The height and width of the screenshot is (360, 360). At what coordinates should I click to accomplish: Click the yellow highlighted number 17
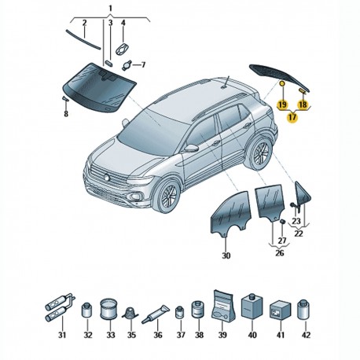click(292, 117)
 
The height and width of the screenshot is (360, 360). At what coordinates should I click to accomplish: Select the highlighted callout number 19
click(283, 105)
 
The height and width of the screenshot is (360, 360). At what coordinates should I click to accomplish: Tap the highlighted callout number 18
click(303, 105)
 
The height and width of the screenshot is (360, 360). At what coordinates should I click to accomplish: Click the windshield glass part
click(99, 86)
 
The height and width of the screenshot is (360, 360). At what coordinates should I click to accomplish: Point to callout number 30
click(226, 255)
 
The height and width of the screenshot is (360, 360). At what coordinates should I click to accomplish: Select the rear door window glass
click(270, 203)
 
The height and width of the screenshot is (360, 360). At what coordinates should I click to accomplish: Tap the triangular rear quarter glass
click(302, 195)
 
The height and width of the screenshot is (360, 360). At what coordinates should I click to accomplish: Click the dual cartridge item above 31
click(60, 307)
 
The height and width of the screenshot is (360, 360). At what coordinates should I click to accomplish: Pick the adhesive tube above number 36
click(156, 314)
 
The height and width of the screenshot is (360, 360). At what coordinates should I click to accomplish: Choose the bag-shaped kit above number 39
click(222, 306)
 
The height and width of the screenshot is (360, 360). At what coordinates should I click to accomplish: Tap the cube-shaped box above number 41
click(280, 310)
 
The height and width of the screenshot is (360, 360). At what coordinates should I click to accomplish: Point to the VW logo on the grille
click(107, 177)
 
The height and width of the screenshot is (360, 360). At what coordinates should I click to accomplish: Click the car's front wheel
click(167, 195)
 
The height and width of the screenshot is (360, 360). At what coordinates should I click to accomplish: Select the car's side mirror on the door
click(192, 148)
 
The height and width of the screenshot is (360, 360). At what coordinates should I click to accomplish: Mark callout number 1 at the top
click(110, 9)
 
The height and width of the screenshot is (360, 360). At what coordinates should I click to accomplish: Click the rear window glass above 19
click(279, 77)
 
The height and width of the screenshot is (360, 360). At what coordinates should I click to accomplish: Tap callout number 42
click(306, 335)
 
